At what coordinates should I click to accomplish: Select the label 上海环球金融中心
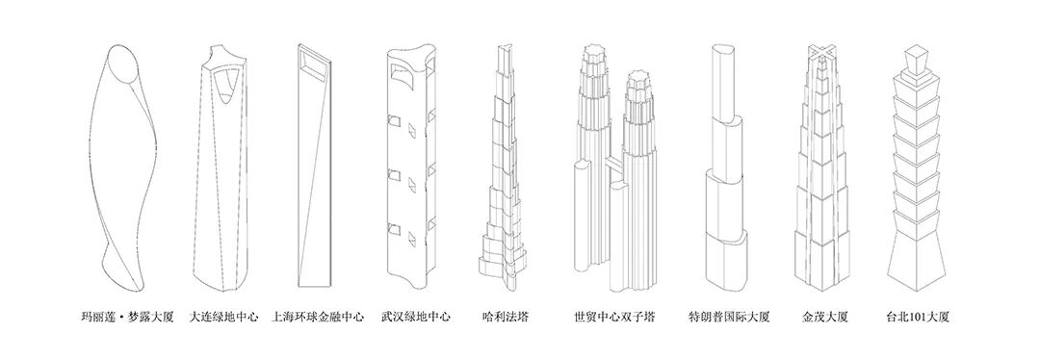(x=319, y=316)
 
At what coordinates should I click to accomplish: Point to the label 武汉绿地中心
(x=415, y=316)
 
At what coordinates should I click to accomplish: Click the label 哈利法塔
(x=507, y=316)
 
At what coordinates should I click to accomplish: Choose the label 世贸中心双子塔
(x=613, y=316)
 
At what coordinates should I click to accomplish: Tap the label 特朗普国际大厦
(x=728, y=316)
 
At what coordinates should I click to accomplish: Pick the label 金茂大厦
(x=824, y=316)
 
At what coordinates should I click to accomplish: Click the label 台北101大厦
(x=920, y=316)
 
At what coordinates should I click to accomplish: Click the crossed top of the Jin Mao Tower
(x=820, y=49)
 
